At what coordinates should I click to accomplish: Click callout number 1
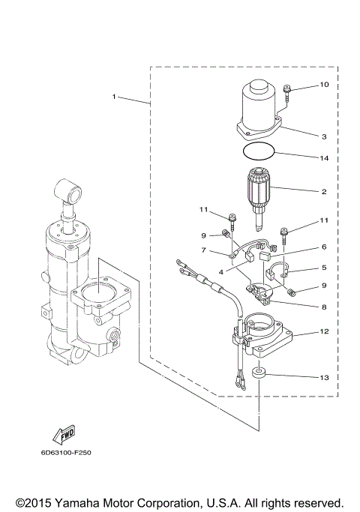[x=114, y=97]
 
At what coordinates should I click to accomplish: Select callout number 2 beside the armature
[x=324, y=192]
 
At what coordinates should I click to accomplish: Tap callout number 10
[x=324, y=85]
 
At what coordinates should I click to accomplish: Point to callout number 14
[x=324, y=158]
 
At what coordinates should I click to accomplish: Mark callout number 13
[x=324, y=377]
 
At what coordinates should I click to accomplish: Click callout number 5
[x=324, y=268]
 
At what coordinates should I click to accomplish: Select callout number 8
[x=324, y=306]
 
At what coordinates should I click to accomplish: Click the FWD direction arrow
[x=64, y=435]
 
